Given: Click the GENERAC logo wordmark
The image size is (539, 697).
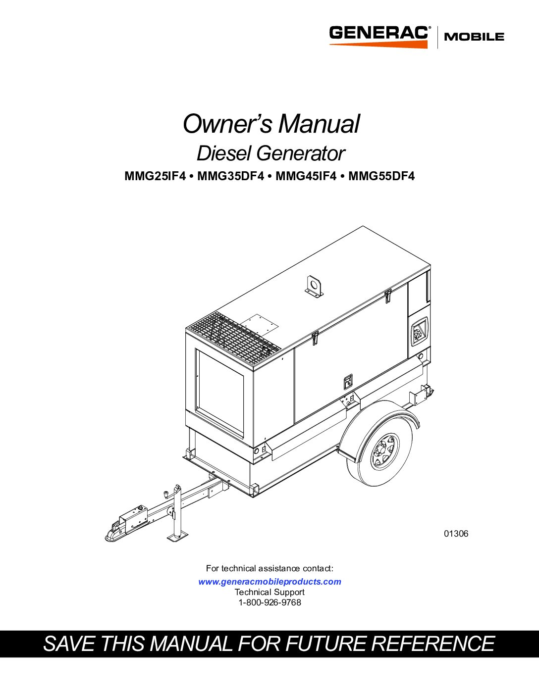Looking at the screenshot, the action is click(x=378, y=33).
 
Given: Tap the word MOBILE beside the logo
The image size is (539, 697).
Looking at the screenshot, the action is click(x=474, y=37).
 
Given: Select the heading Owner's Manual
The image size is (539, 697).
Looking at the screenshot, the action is click(x=271, y=123).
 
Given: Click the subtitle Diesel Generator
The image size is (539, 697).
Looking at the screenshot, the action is click(x=270, y=153).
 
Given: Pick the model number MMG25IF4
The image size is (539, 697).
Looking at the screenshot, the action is click(x=155, y=176).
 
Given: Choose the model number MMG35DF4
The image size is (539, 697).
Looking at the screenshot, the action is click(x=230, y=176).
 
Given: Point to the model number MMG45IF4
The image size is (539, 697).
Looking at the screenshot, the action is click(x=306, y=176).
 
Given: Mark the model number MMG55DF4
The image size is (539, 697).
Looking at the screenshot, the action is click(x=381, y=176).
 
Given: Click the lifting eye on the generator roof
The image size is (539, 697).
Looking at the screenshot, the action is click(x=314, y=286).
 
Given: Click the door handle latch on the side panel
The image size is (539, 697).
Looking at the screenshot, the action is click(x=348, y=382).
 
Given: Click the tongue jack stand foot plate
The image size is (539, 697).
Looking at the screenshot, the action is click(x=177, y=536).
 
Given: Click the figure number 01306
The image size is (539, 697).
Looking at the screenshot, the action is click(x=456, y=534).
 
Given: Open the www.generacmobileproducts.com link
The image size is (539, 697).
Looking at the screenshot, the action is click(x=269, y=582).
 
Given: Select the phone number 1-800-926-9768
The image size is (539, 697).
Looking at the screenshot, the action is click(x=269, y=602).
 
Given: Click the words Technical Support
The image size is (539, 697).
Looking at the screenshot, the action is click(x=269, y=592).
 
